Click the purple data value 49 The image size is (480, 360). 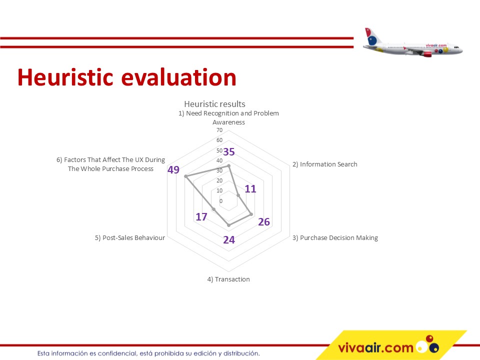[173, 169]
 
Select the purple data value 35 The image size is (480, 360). [229, 151]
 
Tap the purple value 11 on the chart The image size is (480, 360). [250, 189]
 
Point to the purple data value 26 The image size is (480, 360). [264, 221]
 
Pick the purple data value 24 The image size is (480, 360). [229, 239]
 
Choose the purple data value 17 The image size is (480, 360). [201, 216]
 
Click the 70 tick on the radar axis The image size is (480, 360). [219, 130]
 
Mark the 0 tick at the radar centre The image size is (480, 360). [221, 201]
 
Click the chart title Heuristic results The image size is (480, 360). [214, 104]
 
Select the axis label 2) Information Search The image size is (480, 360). [325, 164]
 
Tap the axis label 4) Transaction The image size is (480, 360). [228, 279]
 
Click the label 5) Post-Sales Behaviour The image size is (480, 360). [130, 238]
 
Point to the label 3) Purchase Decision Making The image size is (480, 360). [335, 238]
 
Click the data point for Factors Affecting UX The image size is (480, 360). [185, 176]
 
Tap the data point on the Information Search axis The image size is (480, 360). [238, 195]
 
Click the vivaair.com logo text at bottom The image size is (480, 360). [376, 348]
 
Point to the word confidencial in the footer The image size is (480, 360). [116, 353]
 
